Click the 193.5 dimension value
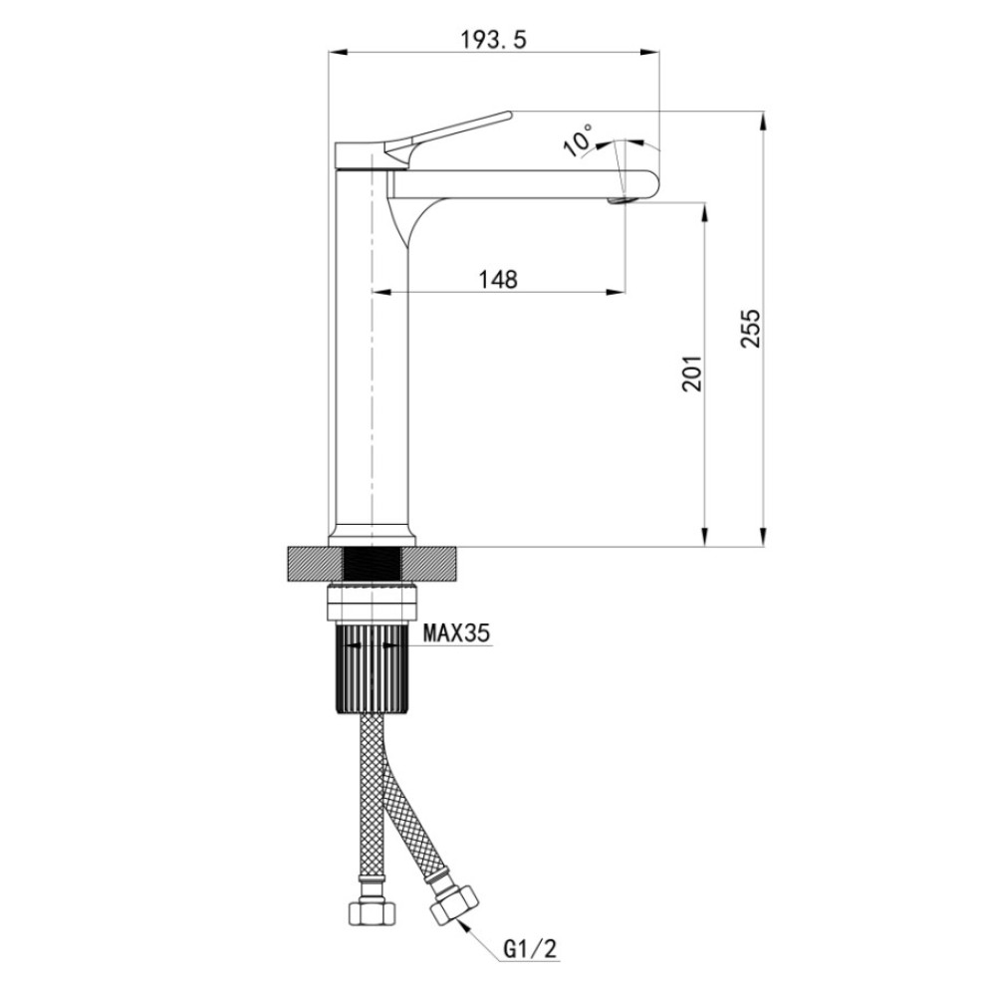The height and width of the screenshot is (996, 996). pos(494,40)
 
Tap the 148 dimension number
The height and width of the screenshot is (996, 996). pos(498,279)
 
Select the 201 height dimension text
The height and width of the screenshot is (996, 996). pos(692,373)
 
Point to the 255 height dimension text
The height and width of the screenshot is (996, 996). pos(750,328)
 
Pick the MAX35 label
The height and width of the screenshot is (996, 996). pos(457,632)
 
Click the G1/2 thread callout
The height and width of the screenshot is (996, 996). pos(530,949)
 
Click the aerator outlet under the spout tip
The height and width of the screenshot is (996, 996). pos(620,201)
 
